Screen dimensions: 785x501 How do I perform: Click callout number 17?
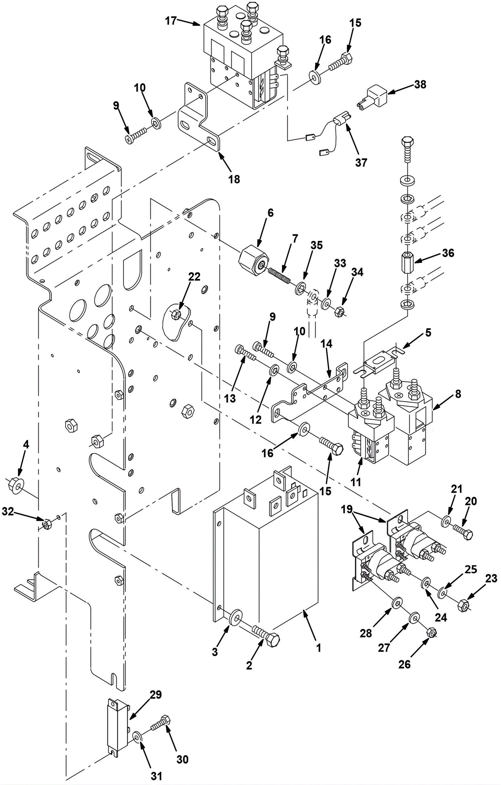pos(170,21)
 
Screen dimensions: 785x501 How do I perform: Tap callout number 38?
pos(420,85)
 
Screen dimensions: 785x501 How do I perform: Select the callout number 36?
pos(448,253)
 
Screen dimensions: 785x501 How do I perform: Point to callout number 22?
pos(194,276)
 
